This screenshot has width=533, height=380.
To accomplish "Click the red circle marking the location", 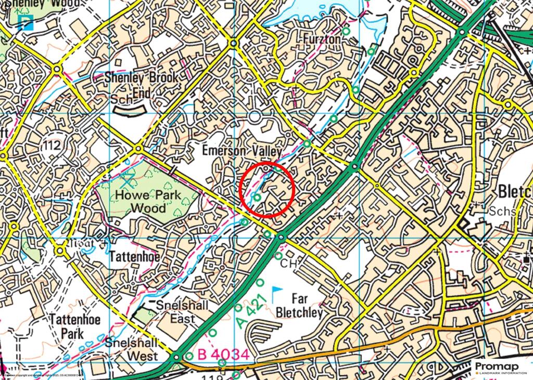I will click(268, 190).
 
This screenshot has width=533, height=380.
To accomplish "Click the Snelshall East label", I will click(176, 312).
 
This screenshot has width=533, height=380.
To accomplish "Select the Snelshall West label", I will click(131, 349).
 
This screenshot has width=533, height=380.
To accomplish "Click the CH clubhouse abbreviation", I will click(288, 264).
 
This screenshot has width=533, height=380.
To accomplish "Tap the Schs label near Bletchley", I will click(502, 212).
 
